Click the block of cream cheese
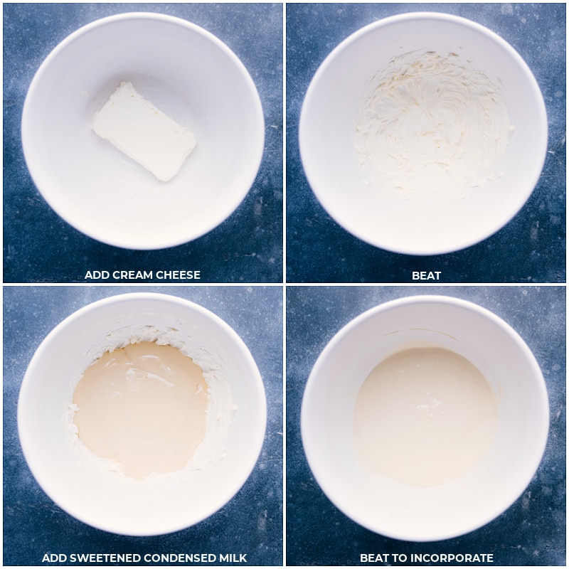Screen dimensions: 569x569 pyautogui.click(x=144, y=131)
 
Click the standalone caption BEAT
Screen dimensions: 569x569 pyautogui.click(x=426, y=276)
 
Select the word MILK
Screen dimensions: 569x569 pyautogui.click(x=232, y=558)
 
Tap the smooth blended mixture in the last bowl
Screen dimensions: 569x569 pyautogui.click(x=425, y=415)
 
